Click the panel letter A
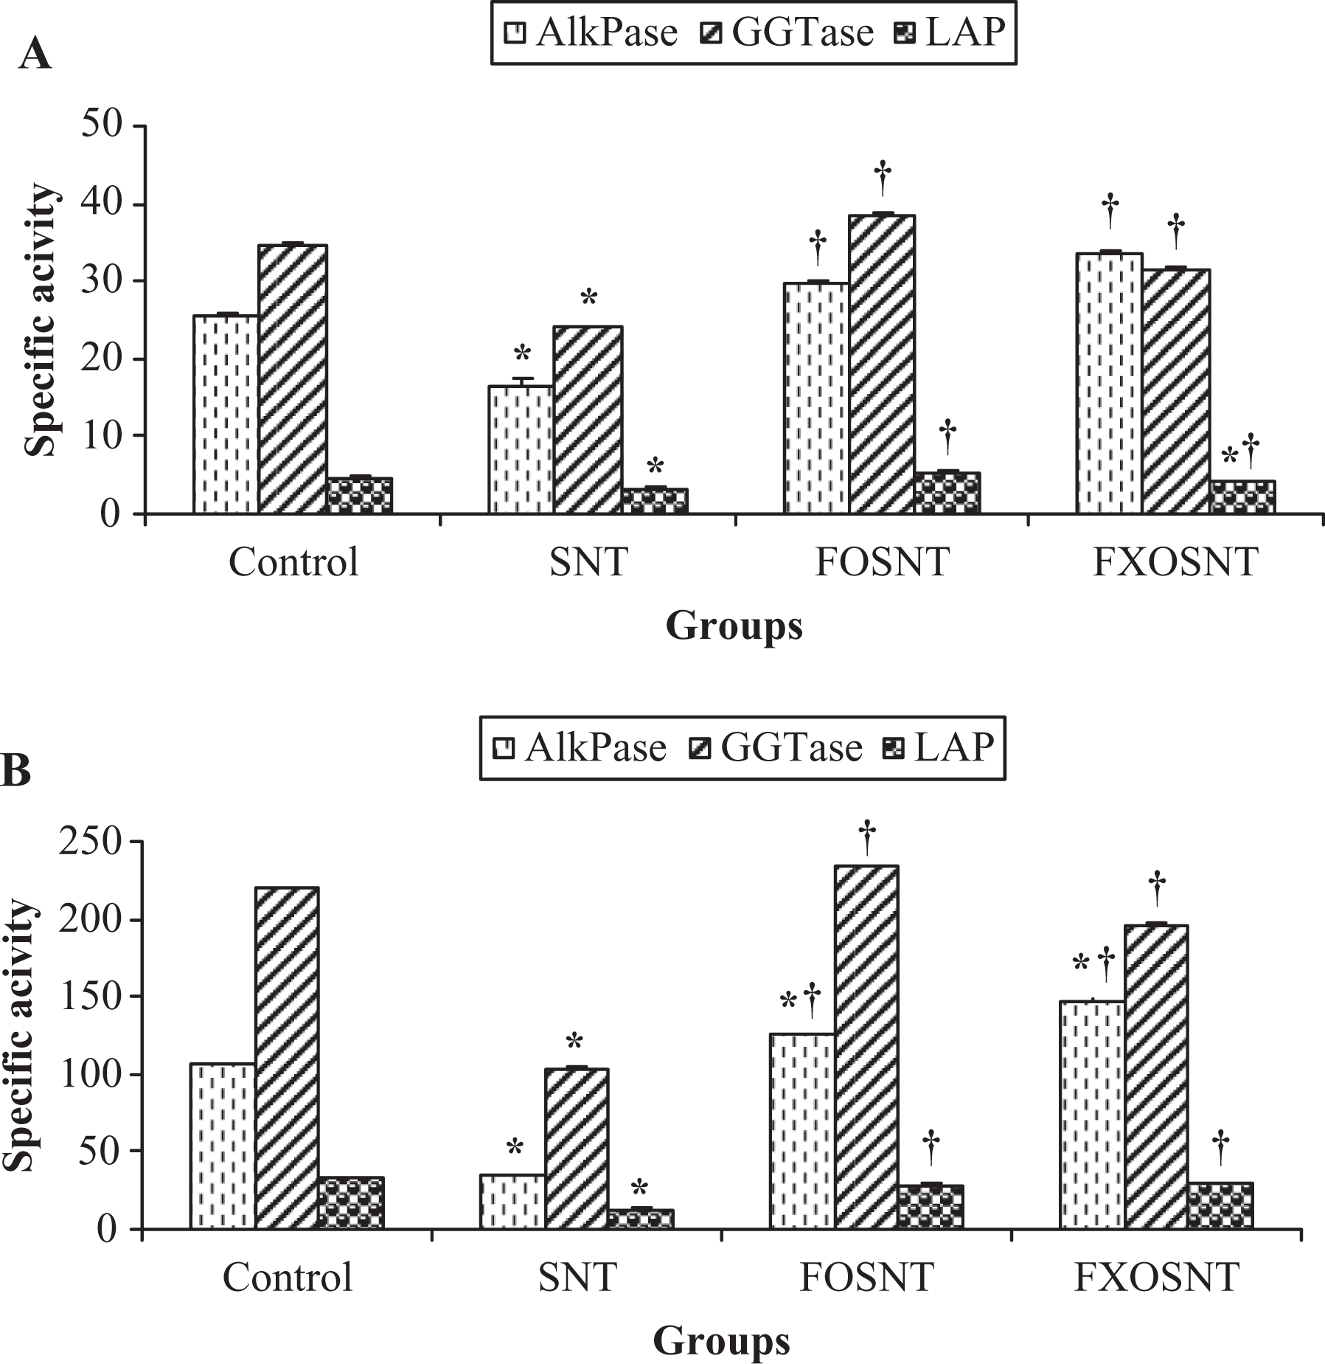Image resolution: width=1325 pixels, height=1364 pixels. coord(35,55)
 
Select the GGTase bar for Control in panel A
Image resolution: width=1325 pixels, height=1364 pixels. coord(293,379)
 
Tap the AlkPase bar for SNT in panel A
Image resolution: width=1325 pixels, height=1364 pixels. coord(521,449)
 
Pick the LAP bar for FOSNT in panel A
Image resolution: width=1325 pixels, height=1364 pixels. coord(947,493)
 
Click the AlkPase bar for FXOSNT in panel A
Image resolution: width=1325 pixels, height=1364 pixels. coord(1109,384)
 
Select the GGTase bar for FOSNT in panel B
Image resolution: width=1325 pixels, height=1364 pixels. coord(866,1047)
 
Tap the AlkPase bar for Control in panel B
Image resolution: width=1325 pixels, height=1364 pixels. coord(223,1146)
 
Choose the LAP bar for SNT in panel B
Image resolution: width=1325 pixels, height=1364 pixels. coord(641,1219)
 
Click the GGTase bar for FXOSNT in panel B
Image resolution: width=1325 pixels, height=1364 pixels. coord(1156,1076)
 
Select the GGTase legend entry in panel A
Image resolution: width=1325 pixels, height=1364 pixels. coord(786,32)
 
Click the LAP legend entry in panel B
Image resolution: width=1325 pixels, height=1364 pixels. coord(938,747)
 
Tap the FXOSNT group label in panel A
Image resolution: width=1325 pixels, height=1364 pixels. coord(1175,562)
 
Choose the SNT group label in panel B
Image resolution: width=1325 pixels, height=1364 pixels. coord(577,1277)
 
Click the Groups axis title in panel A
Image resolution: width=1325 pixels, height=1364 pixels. coord(734,626)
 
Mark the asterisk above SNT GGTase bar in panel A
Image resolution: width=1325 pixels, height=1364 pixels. coord(588,298)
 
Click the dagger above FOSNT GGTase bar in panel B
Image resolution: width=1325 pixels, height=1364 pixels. coord(867,838)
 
